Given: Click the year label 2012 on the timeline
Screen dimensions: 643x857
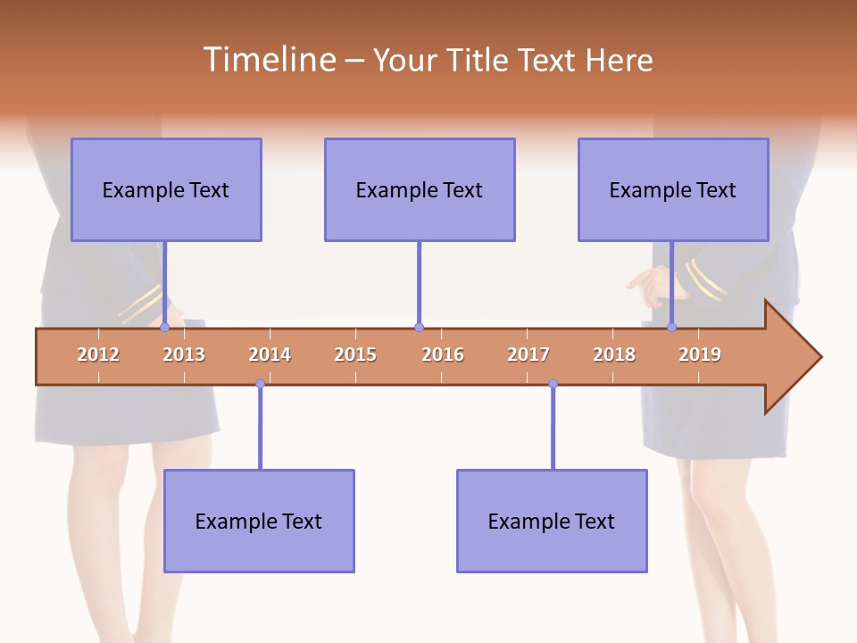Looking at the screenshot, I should (98, 355).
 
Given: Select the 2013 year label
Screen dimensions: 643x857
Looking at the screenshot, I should (184, 355).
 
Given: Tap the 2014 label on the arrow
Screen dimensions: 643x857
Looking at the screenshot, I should (270, 355).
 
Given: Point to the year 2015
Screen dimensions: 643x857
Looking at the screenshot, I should (355, 355).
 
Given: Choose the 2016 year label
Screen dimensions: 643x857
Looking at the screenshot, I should (443, 355).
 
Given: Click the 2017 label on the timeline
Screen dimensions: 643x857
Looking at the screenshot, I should (528, 355).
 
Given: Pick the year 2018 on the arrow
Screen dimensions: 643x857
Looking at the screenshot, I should (614, 355).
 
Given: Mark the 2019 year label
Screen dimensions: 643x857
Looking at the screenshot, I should (700, 355).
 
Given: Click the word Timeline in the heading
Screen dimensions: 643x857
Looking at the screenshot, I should (268, 60).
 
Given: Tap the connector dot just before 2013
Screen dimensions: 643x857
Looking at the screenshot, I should (165, 328).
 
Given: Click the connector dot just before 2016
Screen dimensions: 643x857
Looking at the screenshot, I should (419, 328).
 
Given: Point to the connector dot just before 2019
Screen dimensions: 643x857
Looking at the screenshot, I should (672, 328).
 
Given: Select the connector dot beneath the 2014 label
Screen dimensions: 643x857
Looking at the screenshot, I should (260, 384).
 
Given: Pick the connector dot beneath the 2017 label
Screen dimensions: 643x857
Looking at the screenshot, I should (553, 384).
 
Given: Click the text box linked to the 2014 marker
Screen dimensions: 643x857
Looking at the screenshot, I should (259, 521).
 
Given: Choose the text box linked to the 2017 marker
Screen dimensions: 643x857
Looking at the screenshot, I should (552, 521).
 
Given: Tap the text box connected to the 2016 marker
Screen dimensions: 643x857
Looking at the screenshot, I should (420, 189).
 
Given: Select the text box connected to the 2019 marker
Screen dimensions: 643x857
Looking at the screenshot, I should (673, 189).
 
